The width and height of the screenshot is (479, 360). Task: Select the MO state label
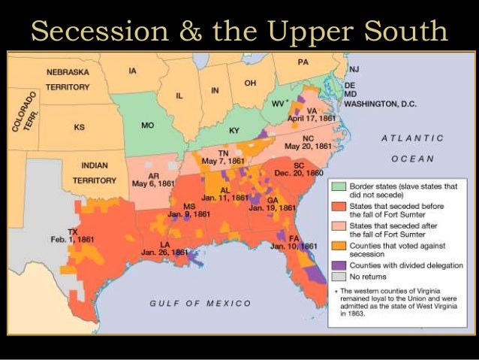[148, 125]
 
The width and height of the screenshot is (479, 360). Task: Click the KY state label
[233, 131]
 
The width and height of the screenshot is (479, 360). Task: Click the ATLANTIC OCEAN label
[412, 148]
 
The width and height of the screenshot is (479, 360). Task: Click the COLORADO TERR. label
[29, 113]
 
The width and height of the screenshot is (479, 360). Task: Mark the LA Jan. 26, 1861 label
[164, 248]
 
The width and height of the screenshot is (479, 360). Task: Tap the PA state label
[303, 62]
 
